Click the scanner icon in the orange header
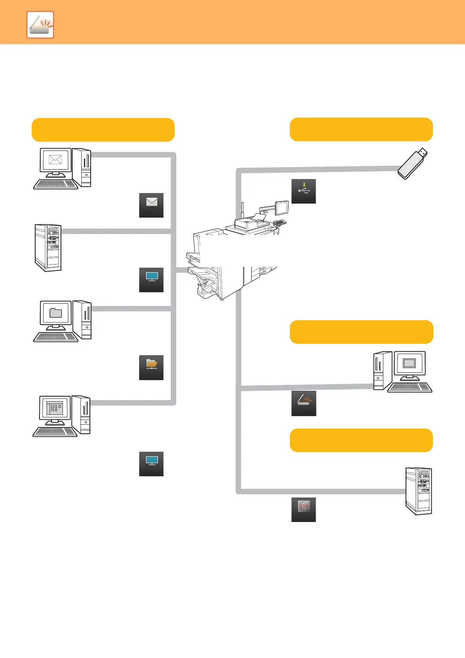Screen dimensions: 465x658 40,25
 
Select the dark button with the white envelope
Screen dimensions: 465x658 151,205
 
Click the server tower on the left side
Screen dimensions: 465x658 48,248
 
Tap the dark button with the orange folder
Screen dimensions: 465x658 151,367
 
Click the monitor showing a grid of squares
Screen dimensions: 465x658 55,408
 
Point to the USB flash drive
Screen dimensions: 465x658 413,164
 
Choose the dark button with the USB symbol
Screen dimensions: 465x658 304,191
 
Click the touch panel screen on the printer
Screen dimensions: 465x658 282,207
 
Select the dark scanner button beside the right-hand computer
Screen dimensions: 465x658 304,403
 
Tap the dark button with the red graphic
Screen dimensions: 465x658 304,510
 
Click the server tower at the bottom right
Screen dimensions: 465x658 418,491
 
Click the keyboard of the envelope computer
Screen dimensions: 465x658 55,184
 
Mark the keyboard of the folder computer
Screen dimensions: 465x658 55,337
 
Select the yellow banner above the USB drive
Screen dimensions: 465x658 361,129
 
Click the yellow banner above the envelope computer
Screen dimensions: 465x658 103,130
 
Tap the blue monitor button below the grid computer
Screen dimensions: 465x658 151,464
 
